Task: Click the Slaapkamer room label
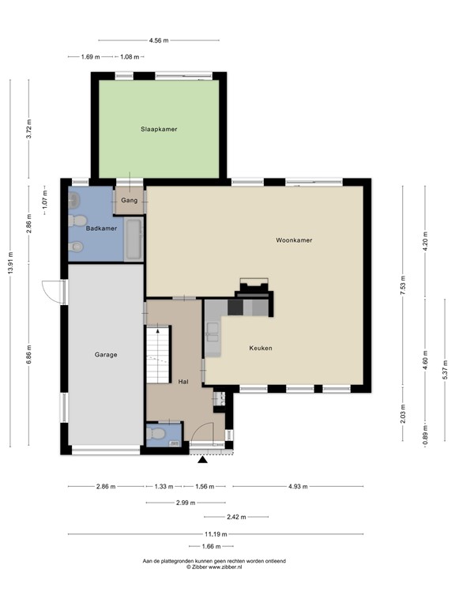[158, 128]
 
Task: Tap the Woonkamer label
[294, 239]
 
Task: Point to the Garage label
[106, 355]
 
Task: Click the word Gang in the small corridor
[130, 201]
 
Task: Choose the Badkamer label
[102, 228]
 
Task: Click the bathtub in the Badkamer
[133, 239]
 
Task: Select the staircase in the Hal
[157, 356]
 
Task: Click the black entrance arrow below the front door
[203, 459]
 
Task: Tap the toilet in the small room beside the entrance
[157, 434]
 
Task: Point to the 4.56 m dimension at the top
[158, 40]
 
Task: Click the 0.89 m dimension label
[425, 438]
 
